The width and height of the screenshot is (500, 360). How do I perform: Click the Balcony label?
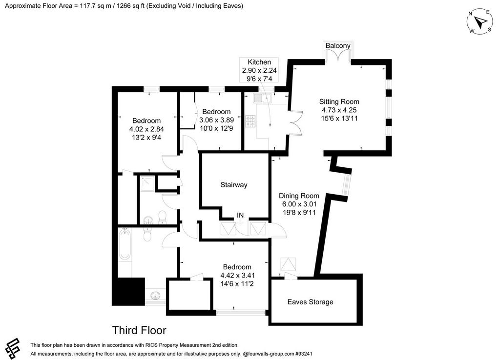338,45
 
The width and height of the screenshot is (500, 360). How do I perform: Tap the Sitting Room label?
339,101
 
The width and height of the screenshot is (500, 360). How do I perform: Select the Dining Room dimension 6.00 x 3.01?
299,204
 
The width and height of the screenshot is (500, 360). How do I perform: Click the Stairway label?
234,185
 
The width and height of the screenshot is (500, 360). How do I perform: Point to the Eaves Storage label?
310,302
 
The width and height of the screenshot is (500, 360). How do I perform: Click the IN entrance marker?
240,215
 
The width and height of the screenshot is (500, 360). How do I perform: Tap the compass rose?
479,21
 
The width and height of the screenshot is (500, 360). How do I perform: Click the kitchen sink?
262,98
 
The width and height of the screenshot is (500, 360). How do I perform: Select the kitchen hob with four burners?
250,121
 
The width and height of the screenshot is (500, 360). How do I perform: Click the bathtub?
125,244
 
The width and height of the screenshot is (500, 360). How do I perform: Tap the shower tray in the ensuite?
147,183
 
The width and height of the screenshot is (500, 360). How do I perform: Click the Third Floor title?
139,330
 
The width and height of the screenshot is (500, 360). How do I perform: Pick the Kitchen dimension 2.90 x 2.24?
259,70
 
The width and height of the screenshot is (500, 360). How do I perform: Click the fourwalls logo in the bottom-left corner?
12,348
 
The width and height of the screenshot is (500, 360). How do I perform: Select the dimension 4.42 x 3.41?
237,276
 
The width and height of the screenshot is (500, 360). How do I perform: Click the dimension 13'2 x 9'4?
146,138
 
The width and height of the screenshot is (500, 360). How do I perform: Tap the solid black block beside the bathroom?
128,292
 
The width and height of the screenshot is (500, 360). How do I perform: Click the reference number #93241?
304,354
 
